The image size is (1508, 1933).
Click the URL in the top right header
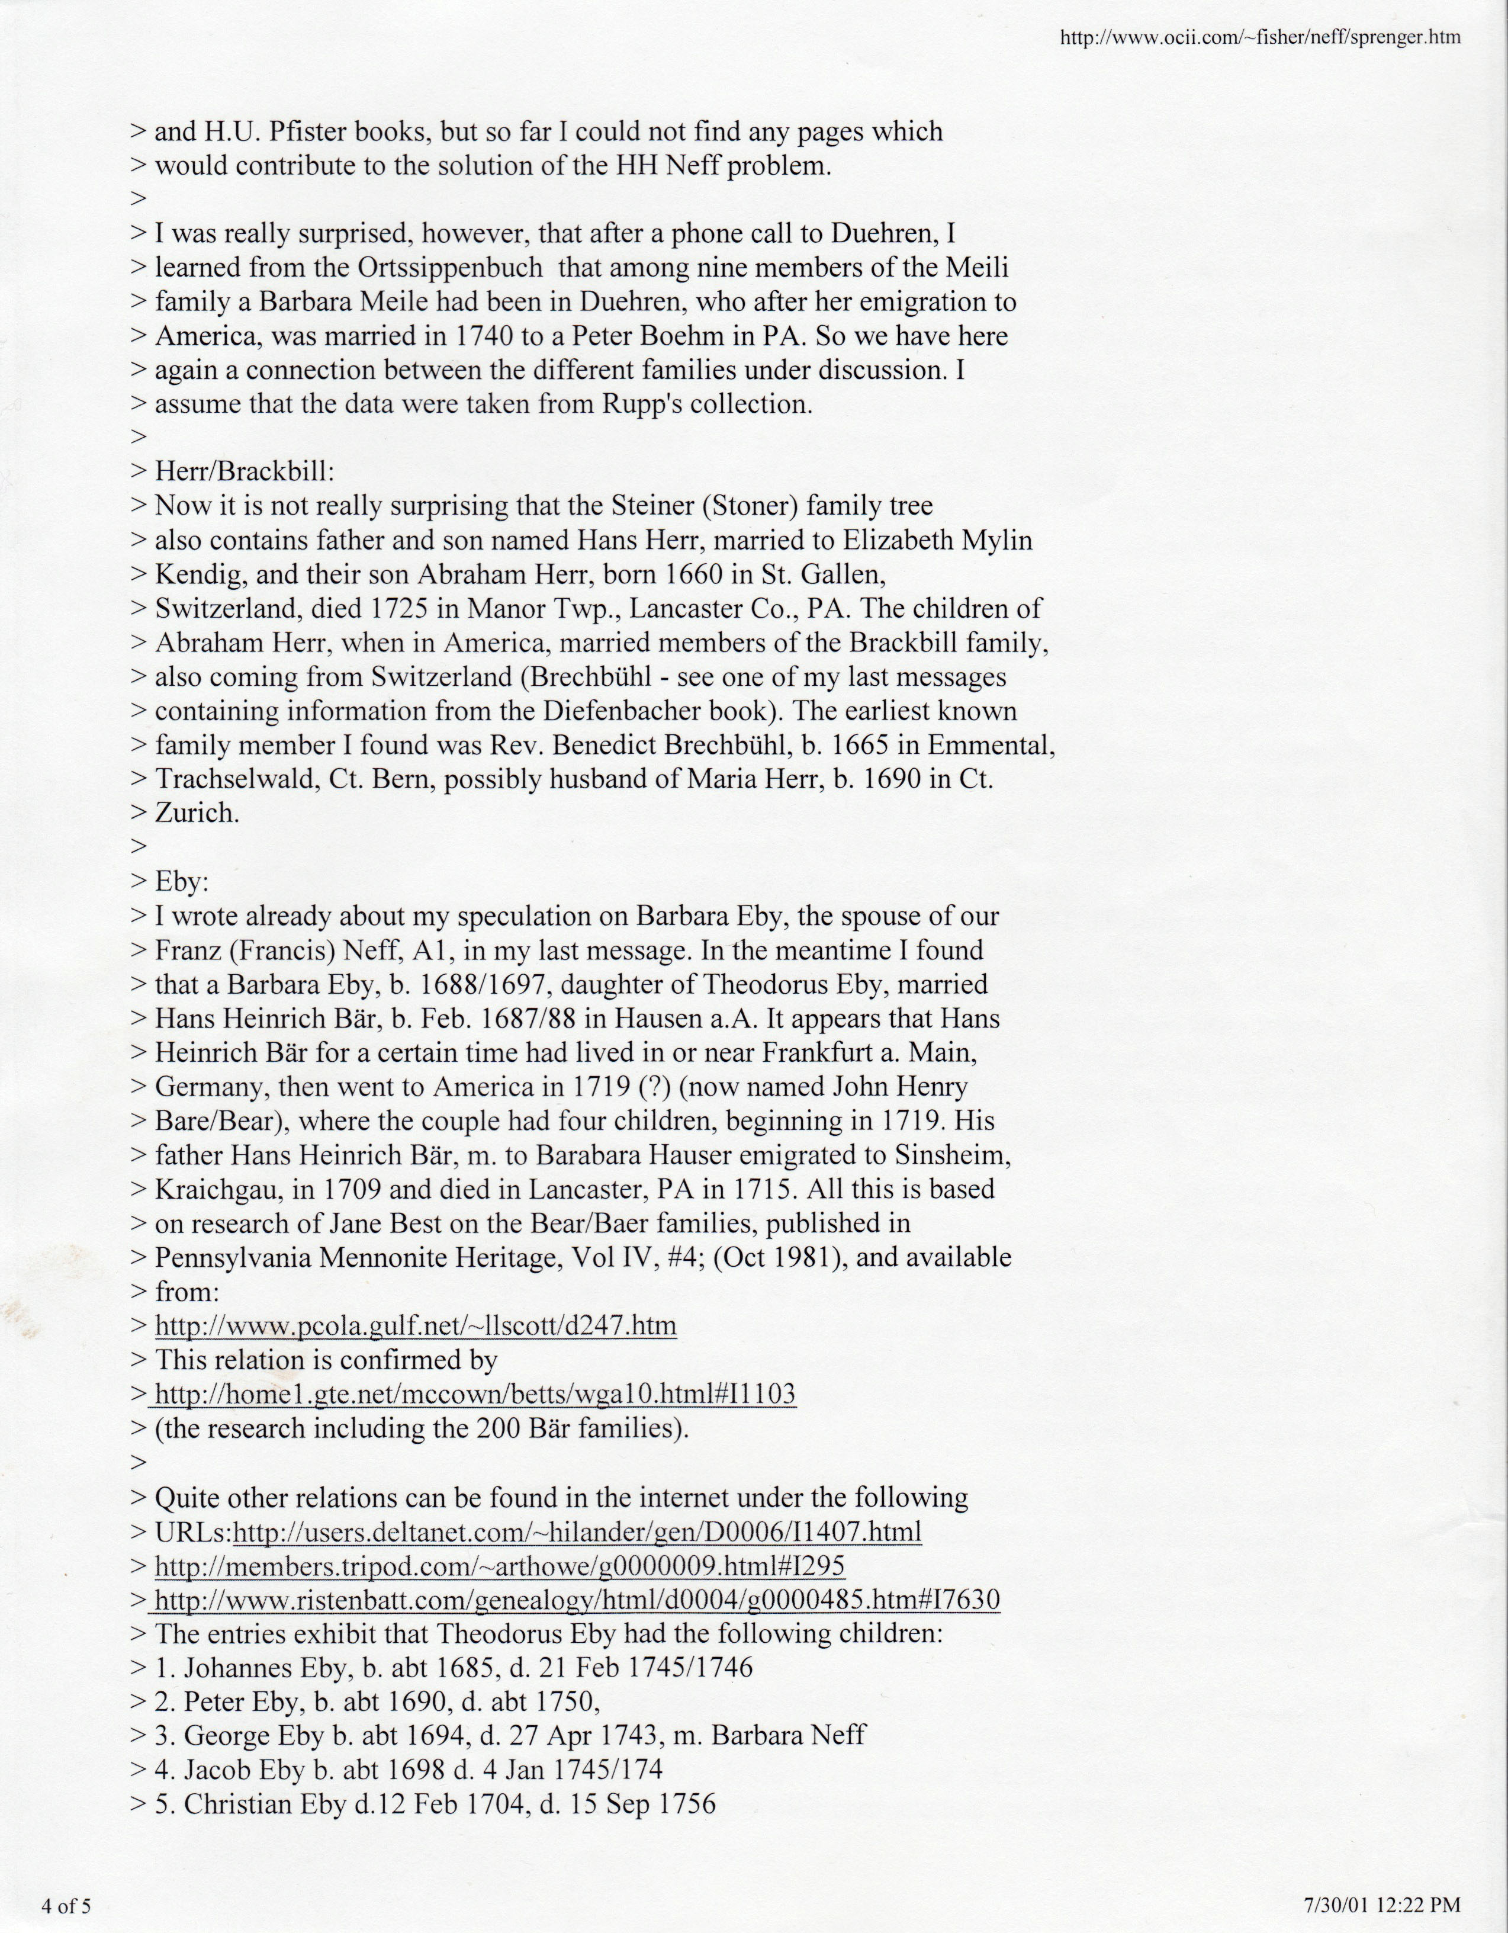pos(1260,38)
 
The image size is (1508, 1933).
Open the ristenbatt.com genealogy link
pos(577,1600)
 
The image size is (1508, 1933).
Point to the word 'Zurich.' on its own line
pos(197,813)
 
